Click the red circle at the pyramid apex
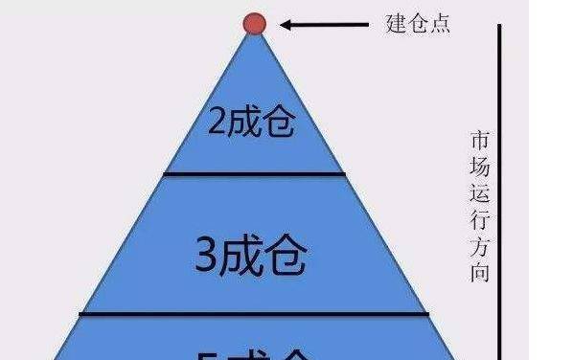click(x=254, y=23)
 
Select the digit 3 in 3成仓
click(x=205, y=256)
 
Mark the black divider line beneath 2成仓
click(x=254, y=173)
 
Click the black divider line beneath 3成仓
click(x=254, y=313)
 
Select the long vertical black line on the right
click(x=500, y=191)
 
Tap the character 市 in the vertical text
click(x=480, y=140)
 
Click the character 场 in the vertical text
click(x=480, y=167)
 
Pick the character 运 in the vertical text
click(x=480, y=193)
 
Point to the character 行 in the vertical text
click(x=480, y=219)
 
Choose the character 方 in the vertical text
click(x=480, y=246)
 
